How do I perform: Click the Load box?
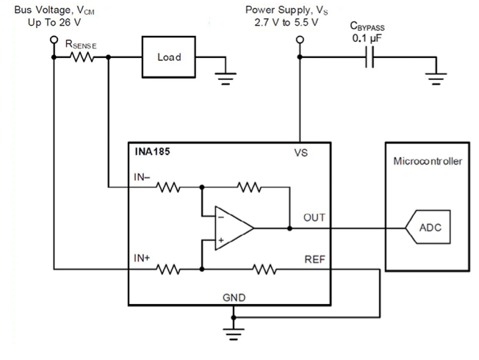169,57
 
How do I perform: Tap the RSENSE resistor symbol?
82,57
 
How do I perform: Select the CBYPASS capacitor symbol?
370,57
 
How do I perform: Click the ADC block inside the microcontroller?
428,227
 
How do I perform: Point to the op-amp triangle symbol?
234,228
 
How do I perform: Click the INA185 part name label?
152,151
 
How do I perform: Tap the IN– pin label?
142,177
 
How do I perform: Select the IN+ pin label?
142,258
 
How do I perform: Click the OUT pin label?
314,217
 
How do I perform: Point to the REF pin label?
314,259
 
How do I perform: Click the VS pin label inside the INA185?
301,153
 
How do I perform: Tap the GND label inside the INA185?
234,298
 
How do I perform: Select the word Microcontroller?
428,161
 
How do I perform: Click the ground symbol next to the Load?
226,79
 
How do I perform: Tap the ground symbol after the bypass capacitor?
436,79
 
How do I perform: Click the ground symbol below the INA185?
234,334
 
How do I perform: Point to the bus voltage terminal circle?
54,40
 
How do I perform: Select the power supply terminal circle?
300,40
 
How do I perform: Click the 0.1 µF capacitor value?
367,38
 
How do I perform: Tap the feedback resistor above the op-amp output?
249,187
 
